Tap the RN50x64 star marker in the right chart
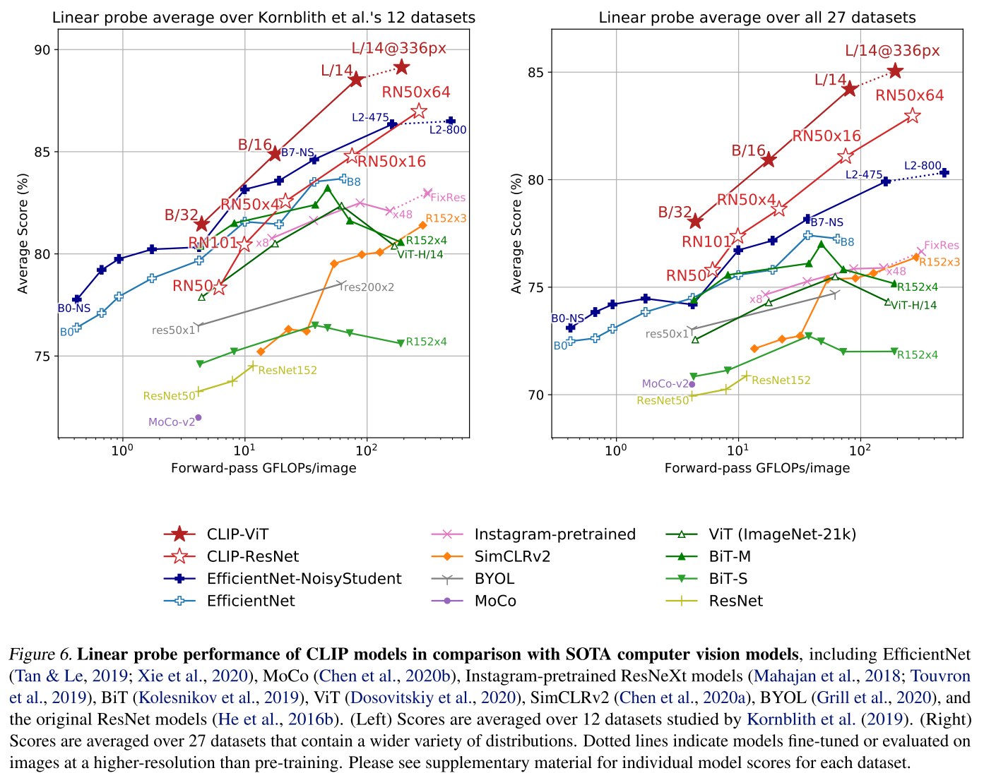pyautogui.click(x=912, y=116)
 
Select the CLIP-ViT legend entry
pyautogui.click(x=237, y=534)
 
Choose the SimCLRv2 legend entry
pyautogui.click(x=512, y=556)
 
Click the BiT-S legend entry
pyautogui.click(x=728, y=579)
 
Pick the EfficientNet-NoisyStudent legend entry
pyautogui.click(x=304, y=579)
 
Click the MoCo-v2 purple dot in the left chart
pyautogui.click(x=198, y=417)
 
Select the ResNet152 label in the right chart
pyautogui.click(x=781, y=380)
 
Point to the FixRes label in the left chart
pyautogui.click(x=448, y=198)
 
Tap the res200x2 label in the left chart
pyautogui.click(x=368, y=287)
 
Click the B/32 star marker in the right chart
pyautogui.click(x=695, y=222)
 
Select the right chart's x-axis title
pyautogui.click(x=757, y=468)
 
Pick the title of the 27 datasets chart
pyautogui.click(x=757, y=18)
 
